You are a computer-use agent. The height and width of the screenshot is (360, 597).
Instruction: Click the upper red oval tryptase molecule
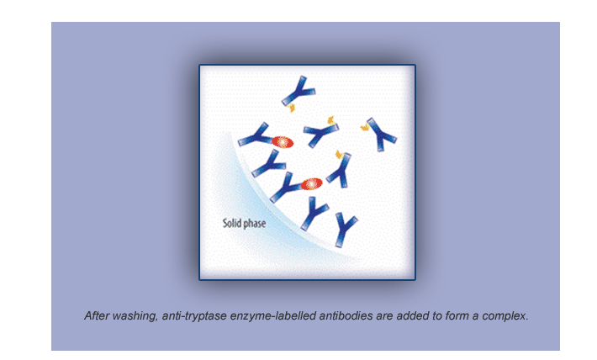(x=283, y=142)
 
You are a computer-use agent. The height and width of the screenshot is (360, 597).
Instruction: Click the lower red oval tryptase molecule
(x=312, y=184)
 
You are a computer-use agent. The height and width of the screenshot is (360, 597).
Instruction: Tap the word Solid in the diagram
(x=231, y=222)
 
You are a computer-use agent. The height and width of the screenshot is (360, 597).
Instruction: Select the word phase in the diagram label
(x=254, y=223)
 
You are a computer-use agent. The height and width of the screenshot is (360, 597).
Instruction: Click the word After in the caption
(x=97, y=315)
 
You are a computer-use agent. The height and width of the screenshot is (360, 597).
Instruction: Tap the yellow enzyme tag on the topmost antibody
(x=292, y=108)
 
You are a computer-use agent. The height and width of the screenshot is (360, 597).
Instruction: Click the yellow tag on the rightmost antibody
(x=365, y=127)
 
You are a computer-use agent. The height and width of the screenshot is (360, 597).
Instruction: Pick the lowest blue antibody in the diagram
(x=345, y=230)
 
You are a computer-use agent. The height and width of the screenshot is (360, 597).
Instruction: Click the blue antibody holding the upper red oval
(x=255, y=135)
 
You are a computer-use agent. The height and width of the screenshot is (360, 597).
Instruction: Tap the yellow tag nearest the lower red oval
(x=339, y=154)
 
